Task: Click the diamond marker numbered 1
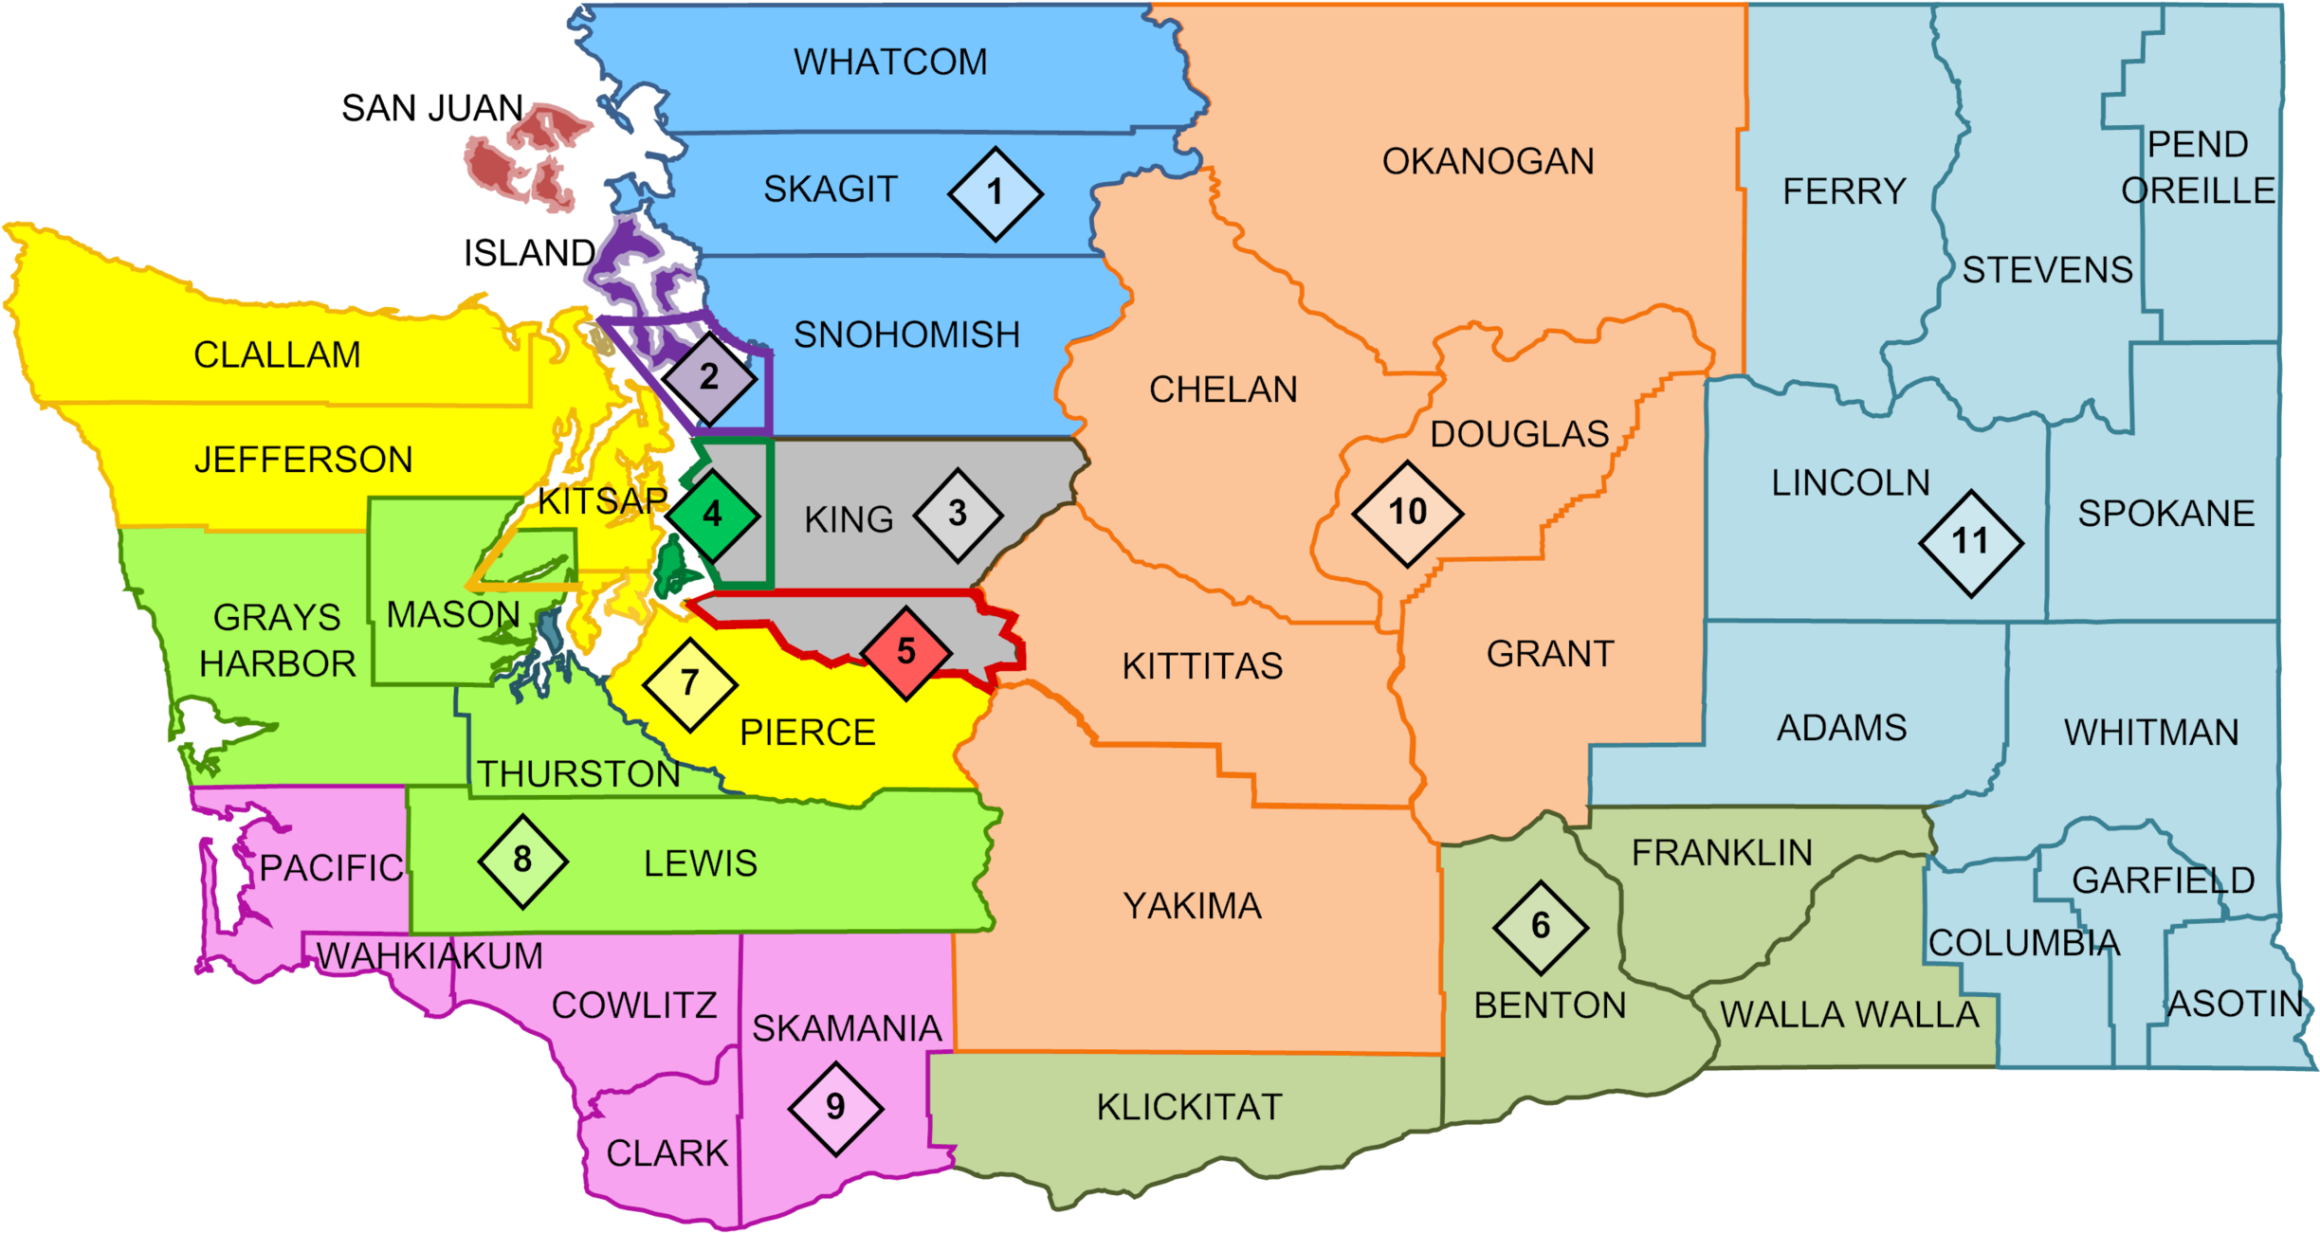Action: pos(995,193)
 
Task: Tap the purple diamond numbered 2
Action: pos(709,378)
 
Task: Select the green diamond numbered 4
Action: pos(713,515)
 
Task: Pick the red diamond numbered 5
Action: pos(906,652)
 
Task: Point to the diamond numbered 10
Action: pos(1407,514)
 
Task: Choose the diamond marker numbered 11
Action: pos(1970,543)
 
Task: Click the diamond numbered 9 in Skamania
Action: pos(835,1107)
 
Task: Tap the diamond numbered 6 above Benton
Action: pos(1541,927)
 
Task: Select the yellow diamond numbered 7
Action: pos(689,683)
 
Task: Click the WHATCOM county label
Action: pos(890,63)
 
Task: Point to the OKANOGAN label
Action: pos(1488,162)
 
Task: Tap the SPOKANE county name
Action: pos(2165,514)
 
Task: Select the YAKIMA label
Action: pos(1192,907)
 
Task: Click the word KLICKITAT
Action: pos(1189,1107)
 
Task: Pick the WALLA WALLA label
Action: pos(1850,1015)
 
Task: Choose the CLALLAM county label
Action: pos(277,355)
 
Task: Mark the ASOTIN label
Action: pos(2235,1004)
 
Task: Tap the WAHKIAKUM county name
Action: pos(429,956)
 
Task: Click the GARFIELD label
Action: pos(2163,880)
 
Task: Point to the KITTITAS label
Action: pos(1202,666)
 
